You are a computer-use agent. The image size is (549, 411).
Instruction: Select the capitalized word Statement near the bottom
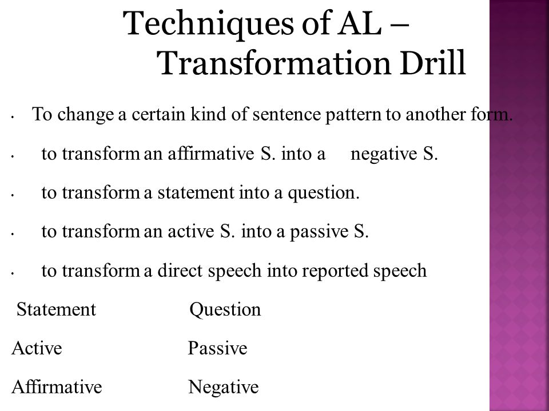coord(56,310)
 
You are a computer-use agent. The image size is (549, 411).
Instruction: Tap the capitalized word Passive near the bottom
coord(218,349)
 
